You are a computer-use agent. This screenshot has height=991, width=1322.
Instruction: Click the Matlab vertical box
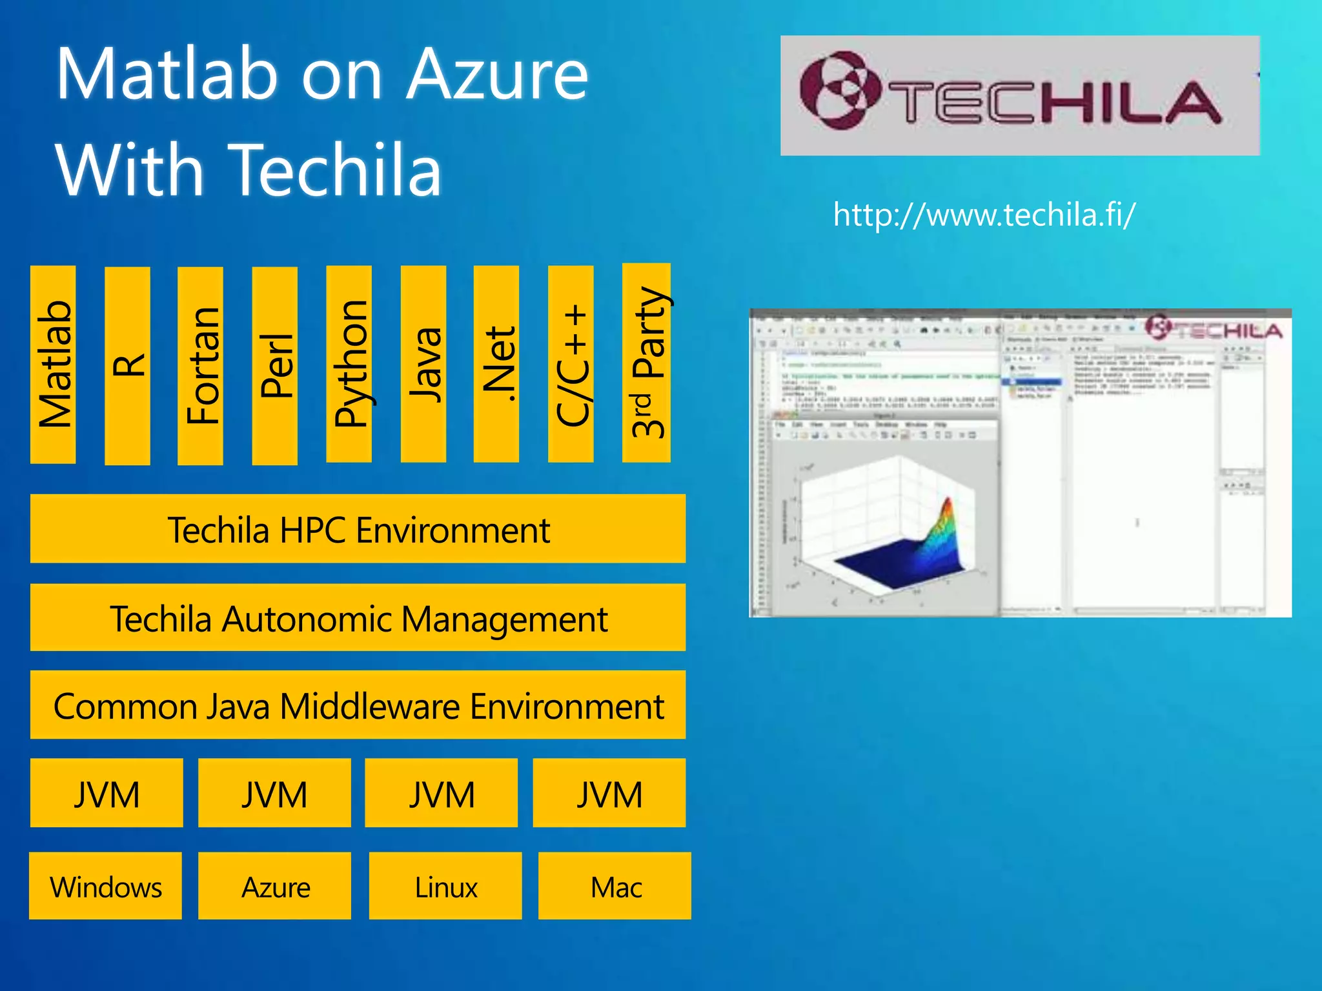[x=53, y=365]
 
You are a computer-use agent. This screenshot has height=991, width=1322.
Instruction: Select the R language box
[x=127, y=366]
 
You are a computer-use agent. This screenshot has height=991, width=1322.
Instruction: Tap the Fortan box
[x=201, y=366]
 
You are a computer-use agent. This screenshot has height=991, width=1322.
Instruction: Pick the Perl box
[x=275, y=366]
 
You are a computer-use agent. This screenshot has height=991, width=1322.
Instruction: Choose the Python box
[x=349, y=365]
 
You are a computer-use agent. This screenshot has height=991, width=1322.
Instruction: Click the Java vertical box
[x=423, y=365]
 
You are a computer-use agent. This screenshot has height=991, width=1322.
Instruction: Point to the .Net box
[x=496, y=365]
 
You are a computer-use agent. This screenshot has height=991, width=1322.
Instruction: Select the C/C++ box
[x=571, y=365]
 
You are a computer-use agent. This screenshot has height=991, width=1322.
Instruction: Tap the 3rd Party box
[x=646, y=363]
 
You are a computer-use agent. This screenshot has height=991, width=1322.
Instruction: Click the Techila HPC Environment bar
[x=358, y=529]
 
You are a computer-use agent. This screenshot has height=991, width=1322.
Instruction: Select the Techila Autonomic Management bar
[x=358, y=617]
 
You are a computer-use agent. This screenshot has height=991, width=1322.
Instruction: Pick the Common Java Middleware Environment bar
[x=358, y=705]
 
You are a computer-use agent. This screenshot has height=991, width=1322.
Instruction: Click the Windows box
[x=106, y=886]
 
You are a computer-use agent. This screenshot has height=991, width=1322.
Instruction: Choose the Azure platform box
[x=275, y=886]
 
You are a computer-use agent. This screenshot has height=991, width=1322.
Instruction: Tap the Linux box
[x=445, y=886]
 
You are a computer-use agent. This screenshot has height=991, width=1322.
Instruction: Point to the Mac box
[x=615, y=886]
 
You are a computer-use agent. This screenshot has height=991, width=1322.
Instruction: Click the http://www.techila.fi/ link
[x=984, y=215]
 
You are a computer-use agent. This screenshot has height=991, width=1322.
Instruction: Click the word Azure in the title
[x=497, y=75]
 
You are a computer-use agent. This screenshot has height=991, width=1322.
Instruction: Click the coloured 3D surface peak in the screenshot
[x=944, y=529]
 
